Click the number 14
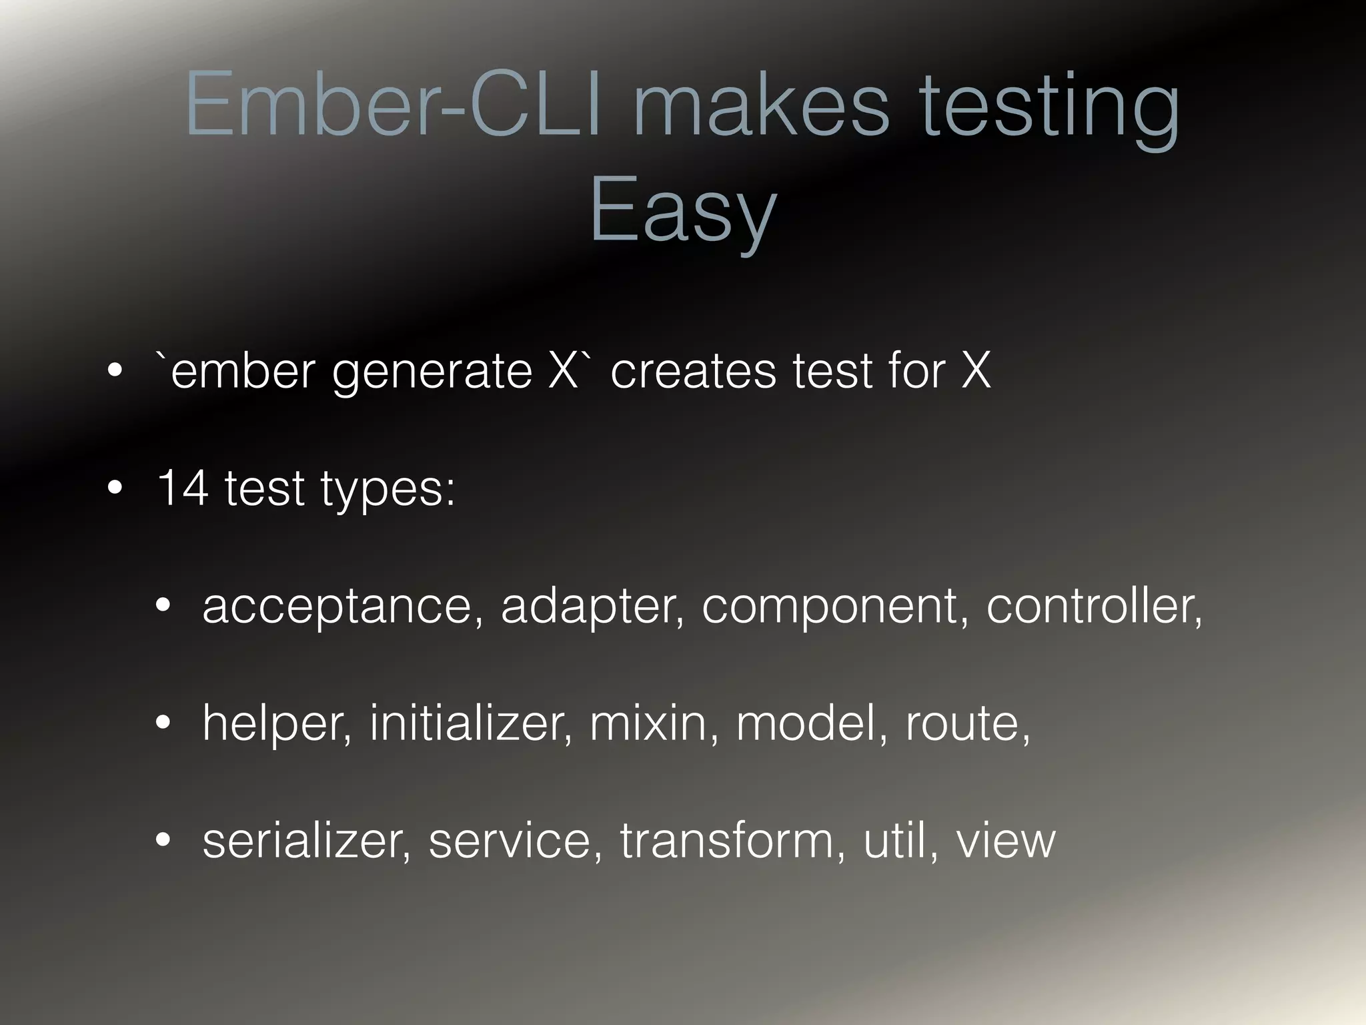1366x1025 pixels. click(x=181, y=488)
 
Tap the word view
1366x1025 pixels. click(x=1006, y=840)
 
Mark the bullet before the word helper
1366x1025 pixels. click(x=163, y=723)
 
